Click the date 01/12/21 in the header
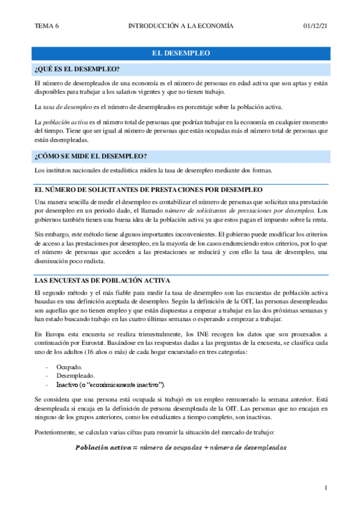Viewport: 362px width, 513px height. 315,26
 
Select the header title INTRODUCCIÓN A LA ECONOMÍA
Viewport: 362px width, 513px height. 181,26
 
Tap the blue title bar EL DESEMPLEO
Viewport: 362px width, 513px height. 181,53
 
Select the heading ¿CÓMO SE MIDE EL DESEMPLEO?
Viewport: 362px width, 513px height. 91,156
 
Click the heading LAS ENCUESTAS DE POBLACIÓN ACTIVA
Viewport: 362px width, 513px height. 102,281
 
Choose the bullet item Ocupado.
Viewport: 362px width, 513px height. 69,367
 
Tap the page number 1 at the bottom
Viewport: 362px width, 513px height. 326,488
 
